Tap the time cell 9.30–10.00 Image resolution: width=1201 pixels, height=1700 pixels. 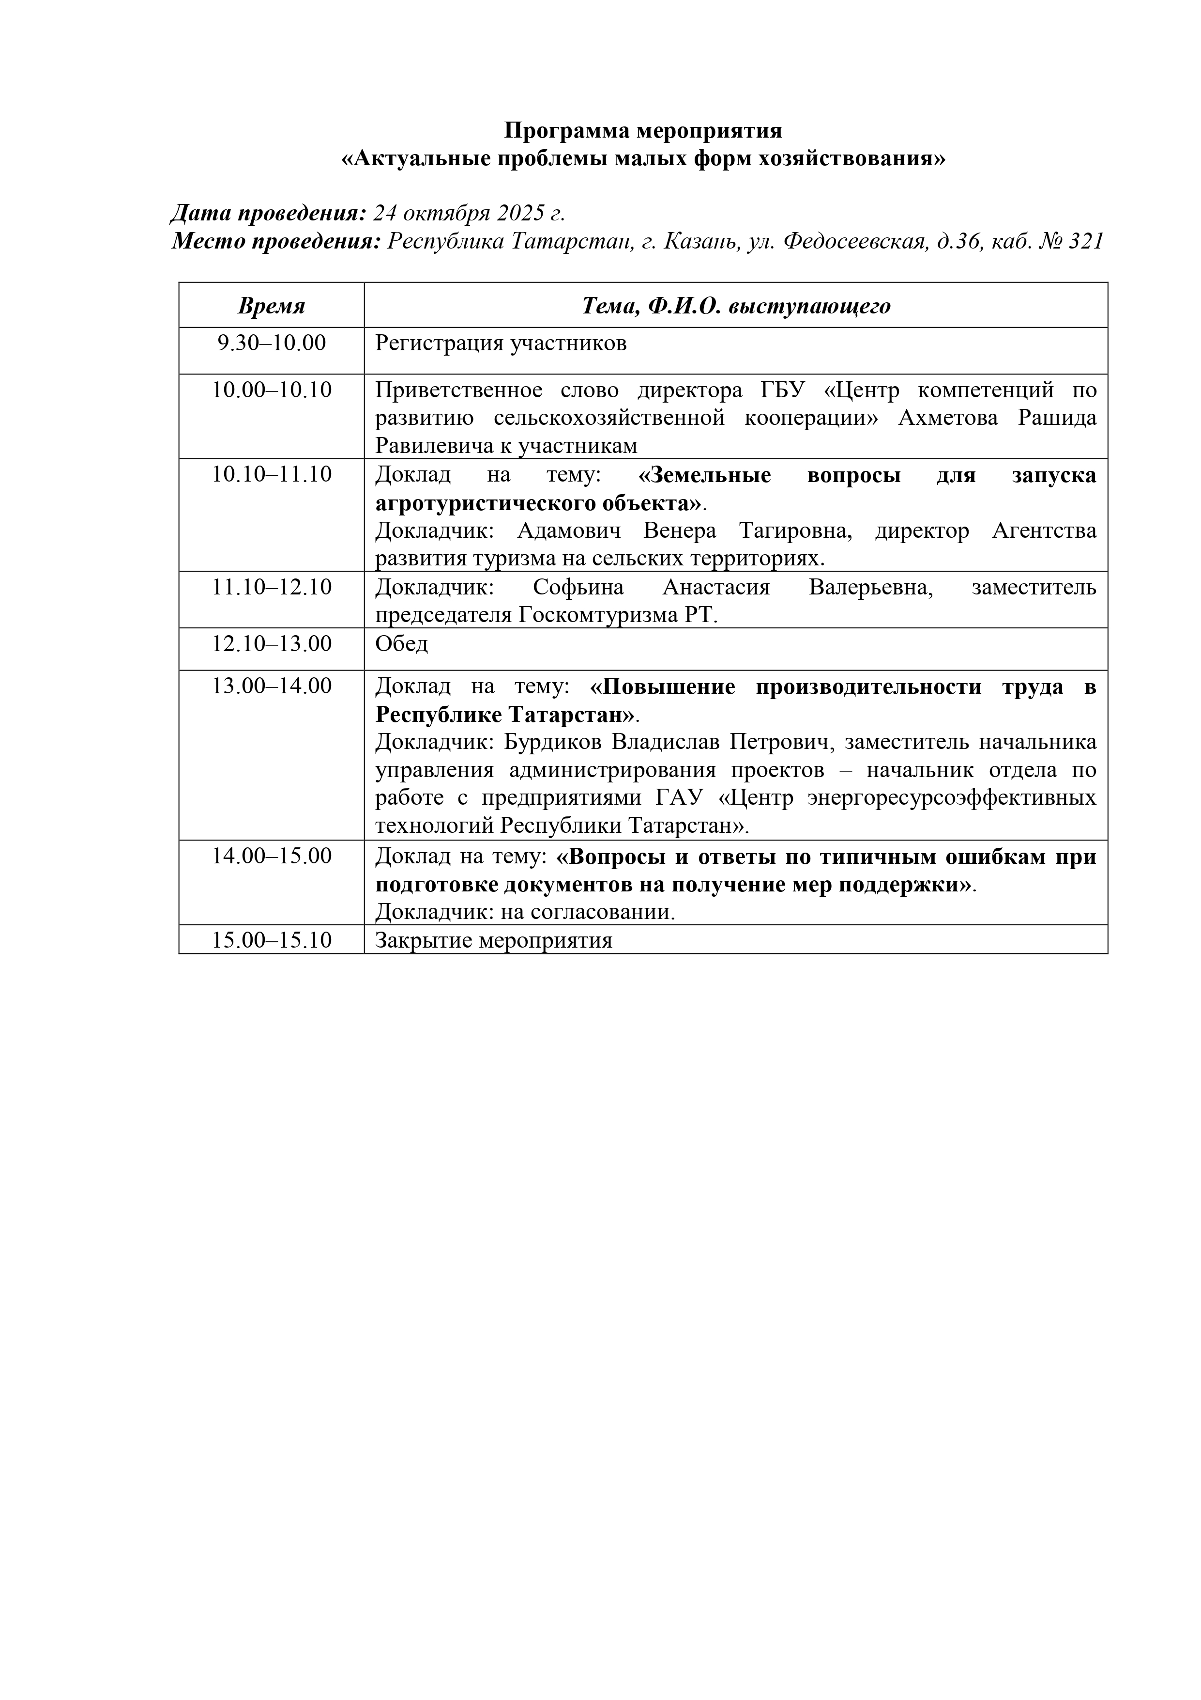pyautogui.click(x=272, y=343)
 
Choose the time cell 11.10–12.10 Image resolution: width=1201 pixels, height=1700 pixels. pyautogui.click(x=272, y=587)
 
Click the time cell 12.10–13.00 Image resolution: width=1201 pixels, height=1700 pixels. pyautogui.click(x=272, y=643)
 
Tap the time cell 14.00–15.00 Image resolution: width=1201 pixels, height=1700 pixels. pyautogui.click(x=272, y=856)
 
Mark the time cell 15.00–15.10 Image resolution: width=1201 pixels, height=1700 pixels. pyautogui.click(x=272, y=940)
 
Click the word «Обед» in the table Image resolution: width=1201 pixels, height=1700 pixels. pyautogui.click(x=401, y=643)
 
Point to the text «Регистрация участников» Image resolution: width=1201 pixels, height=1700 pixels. pyautogui.click(x=501, y=343)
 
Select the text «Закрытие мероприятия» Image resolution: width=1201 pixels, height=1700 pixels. pyautogui.click(x=494, y=940)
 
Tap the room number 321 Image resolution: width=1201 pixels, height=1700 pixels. pyautogui.click(x=1086, y=241)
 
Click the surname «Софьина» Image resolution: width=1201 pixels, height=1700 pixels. pyautogui.click(x=578, y=587)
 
